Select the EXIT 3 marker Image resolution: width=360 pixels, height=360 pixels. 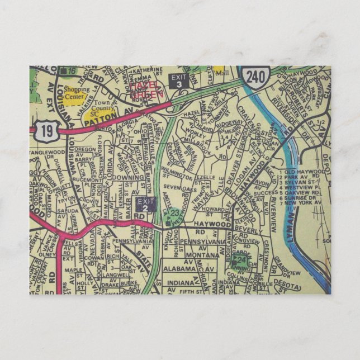178,80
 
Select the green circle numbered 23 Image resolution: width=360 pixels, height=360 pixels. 175,212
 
